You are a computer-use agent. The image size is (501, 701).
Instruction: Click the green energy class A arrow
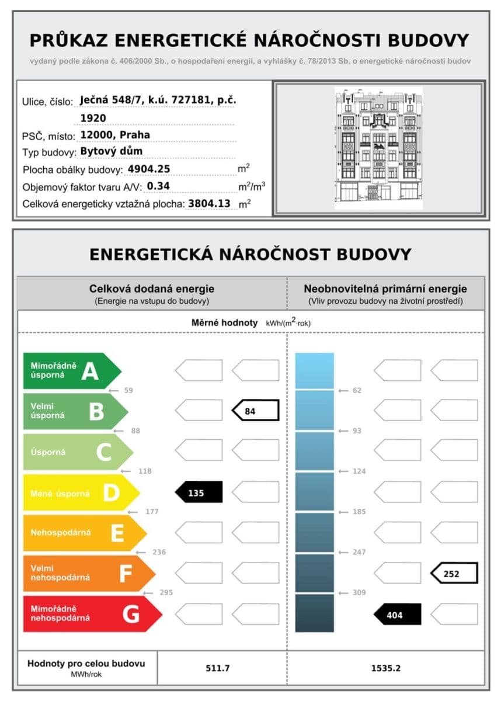(x=70, y=370)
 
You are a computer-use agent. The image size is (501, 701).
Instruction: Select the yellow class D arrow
(x=79, y=493)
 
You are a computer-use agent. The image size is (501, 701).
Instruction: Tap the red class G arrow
(x=91, y=614)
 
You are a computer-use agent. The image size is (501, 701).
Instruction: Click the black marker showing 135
(x=199, y=492)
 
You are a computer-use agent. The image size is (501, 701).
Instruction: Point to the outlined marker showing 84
(x=256, y=411)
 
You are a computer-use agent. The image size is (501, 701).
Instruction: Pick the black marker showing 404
(x=397, y=615)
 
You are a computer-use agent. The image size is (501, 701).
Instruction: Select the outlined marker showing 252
(x=454, y=574)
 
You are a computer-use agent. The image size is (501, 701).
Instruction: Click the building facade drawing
(x=378, y=148)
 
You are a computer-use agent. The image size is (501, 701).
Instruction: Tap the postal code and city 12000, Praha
(x=115, y=135)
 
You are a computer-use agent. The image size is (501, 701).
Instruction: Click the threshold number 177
(x=152, y=512)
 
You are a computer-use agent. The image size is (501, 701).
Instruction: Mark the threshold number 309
(x=359, y=592)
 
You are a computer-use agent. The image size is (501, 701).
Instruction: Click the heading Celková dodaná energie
(x=152, y=289)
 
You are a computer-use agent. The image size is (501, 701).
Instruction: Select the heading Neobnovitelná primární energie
(x=385, y=289)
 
